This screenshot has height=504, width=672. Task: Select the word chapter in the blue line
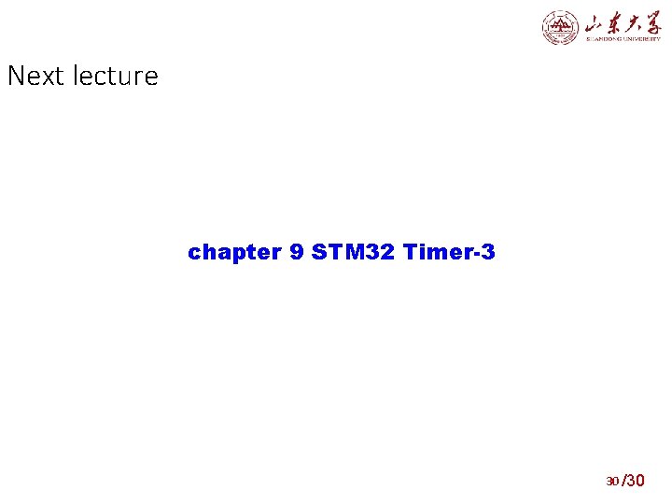(234, 252)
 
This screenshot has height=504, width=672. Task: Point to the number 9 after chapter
(297, 252)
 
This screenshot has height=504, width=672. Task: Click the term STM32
(354, 252)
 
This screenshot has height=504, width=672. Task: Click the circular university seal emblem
(560, 27)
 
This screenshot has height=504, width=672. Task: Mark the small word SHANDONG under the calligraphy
(604, 39)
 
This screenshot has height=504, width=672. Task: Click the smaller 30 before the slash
(612, 482)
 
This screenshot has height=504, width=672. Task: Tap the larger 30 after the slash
(636, 481)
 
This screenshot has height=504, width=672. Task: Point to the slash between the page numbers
(623, 481)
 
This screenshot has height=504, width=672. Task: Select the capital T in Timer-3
(409, 252)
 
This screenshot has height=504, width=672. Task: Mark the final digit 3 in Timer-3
(489, 252)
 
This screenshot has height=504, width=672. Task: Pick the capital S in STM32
(318, 252)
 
